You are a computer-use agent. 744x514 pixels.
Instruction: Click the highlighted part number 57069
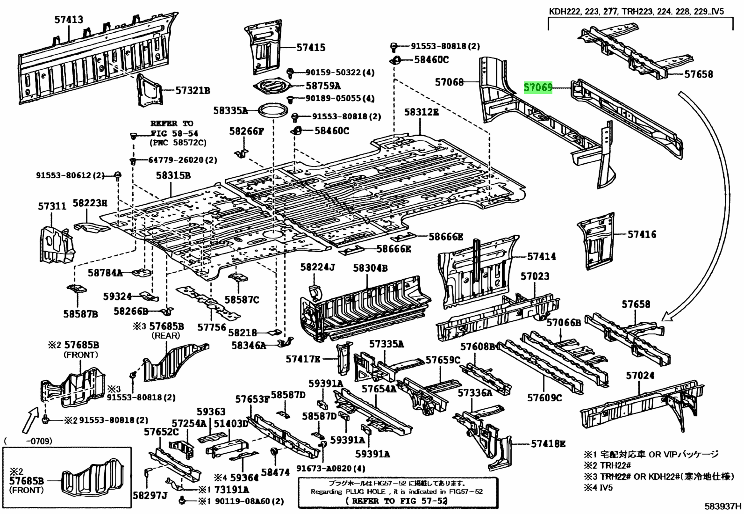click(538, 87)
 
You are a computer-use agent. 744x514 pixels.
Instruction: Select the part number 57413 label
click(68, 20)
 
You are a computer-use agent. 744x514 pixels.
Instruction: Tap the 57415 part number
click(311, 48)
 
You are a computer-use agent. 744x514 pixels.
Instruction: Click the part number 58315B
click(173, 176)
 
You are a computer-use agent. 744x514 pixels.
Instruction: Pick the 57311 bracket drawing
click(56, 243)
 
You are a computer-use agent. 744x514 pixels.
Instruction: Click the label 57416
click(642, 234)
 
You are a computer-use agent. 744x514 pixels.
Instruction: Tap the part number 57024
click(640, 376)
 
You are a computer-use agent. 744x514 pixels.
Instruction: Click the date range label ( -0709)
click(28, 441)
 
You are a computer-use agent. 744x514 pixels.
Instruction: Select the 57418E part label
click(548, 444)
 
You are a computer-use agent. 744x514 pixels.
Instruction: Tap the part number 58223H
click(90, 203)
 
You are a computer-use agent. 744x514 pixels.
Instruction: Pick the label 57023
click(535, 276)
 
